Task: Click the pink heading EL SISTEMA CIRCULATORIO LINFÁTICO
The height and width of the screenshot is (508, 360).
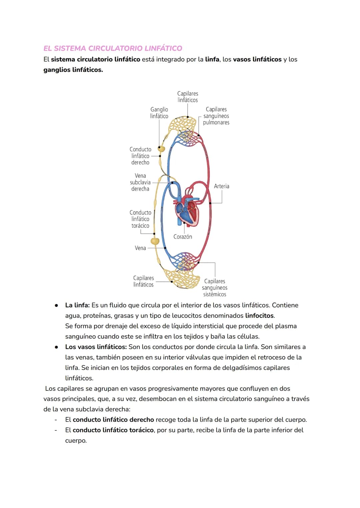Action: tap(113, 48)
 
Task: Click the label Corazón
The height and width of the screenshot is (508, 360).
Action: tap(183, 237)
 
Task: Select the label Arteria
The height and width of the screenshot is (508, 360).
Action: tap(221, 186)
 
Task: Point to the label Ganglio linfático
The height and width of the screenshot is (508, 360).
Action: tap(159, 113)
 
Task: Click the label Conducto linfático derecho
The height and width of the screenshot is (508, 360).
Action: tap(140, 156)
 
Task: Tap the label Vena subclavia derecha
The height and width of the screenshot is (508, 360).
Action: tap(140, 182)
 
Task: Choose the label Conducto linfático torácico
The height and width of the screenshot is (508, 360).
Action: tap(140, 219)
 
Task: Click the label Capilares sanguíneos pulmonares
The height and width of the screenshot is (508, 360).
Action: tap(216, 116)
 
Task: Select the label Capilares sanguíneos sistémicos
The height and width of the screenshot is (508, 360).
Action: tap(215, 288)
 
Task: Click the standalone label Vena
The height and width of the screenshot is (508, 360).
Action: tap(140, 248)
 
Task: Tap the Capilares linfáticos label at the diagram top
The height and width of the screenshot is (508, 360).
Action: tap(188, 97)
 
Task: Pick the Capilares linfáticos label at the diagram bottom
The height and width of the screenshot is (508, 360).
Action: tap(143, 281)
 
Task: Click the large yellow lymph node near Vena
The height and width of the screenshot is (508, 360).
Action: tap(155, 241)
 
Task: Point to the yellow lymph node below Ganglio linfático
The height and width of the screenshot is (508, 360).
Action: tap(161, 149)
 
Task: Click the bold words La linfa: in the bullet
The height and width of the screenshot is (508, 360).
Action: tap(77, 305)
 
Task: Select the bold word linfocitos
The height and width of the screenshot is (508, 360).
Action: tap(260, 315)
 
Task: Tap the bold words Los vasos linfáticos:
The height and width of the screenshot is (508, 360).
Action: tap(96, 347)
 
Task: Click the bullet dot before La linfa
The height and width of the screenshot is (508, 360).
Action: tap(57, 305)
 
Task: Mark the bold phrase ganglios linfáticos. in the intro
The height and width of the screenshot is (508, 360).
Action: tap(73, 70)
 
